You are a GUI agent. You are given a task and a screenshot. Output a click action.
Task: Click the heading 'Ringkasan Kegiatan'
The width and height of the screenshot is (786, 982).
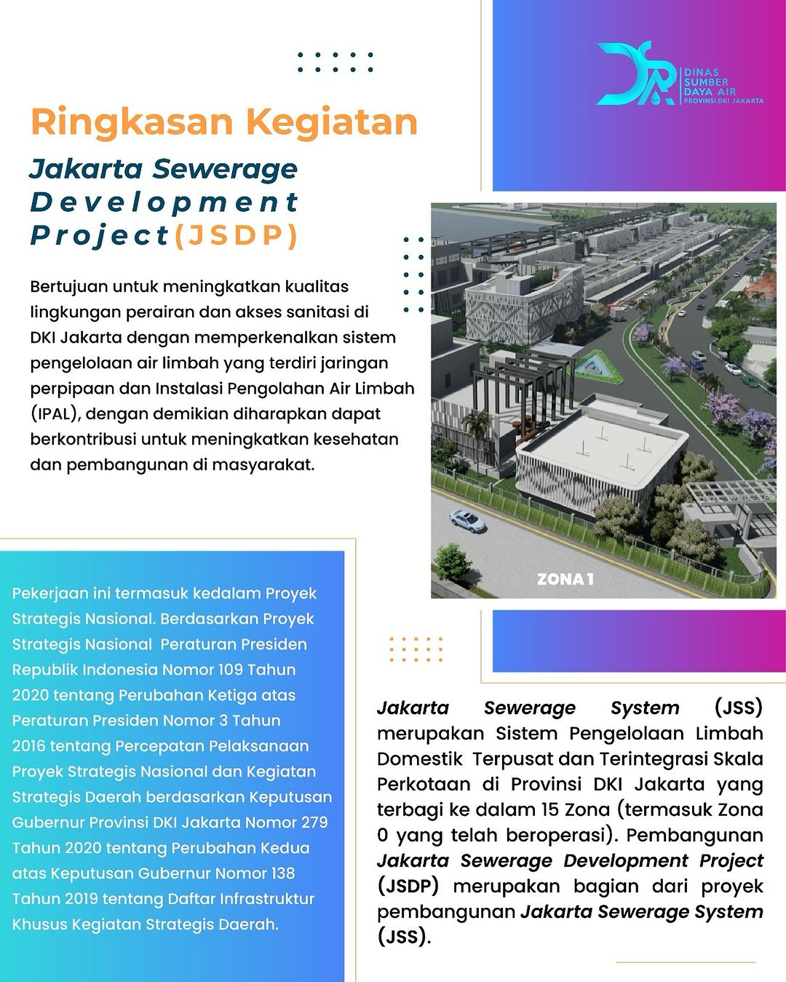point(224,122)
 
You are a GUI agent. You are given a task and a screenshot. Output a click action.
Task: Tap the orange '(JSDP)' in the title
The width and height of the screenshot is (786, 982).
point(237,235)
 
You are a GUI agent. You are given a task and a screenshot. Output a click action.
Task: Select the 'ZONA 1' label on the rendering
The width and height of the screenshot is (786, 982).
point(565,579)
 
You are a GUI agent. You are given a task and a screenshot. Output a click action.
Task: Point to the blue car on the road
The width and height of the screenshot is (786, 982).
point(467,520)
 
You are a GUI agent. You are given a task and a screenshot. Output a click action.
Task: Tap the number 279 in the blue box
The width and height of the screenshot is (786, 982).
point(314,823)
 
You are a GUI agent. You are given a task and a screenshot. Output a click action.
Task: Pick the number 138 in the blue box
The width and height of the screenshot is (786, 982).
point(281,874)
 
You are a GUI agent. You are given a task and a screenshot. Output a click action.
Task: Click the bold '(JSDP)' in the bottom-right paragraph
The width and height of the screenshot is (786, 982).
point(408,886)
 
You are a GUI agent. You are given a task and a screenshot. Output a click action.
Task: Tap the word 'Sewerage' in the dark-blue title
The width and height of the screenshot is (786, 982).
point(226,169)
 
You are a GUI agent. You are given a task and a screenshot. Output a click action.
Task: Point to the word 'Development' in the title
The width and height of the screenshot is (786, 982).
point(164,202)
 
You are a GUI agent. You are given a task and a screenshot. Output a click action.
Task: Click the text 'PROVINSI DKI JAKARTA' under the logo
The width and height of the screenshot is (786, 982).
point(723,100)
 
